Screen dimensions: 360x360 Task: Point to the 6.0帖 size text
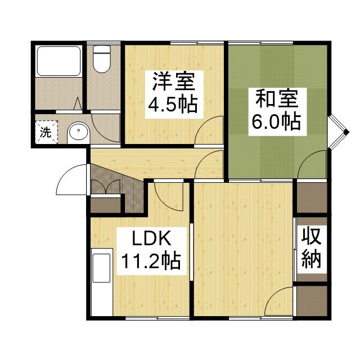[x=277, y=121]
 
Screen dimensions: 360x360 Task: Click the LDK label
[x=151, y=239]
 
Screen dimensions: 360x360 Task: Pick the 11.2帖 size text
[x=151, y=260]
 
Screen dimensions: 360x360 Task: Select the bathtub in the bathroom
[x=58, y=61]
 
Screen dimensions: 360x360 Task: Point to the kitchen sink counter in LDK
[x=102, y=269]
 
